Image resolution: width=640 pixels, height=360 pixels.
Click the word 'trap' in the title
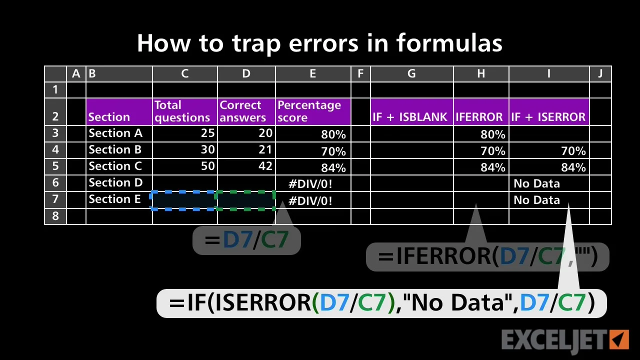pos(256,43)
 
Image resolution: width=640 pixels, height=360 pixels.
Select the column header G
pos(411,73)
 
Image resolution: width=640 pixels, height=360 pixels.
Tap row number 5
pos(55,166)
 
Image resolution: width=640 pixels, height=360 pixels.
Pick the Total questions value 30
pos(207,149)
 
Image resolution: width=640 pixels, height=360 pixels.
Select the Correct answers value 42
pos(265,166)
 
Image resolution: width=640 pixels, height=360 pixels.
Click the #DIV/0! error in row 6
pos(310,183)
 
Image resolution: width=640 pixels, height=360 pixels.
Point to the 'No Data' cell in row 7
pos(536,200)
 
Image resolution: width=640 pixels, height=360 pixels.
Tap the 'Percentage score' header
pos(313,111)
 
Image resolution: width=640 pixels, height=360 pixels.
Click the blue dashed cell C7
pos(183,200)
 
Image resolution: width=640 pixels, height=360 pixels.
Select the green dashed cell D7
pos(245,200)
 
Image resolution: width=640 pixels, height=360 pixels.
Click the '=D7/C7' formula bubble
pos(246,239)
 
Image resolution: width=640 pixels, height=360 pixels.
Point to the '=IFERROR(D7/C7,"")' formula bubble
pos(487,256)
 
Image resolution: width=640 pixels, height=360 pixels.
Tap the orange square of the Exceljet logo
pos(619,339)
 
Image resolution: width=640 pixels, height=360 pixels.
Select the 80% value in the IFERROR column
pos(493,134)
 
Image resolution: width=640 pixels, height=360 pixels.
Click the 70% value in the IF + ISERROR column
pos(573,151)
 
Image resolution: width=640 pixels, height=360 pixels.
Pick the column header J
pos(600,73)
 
